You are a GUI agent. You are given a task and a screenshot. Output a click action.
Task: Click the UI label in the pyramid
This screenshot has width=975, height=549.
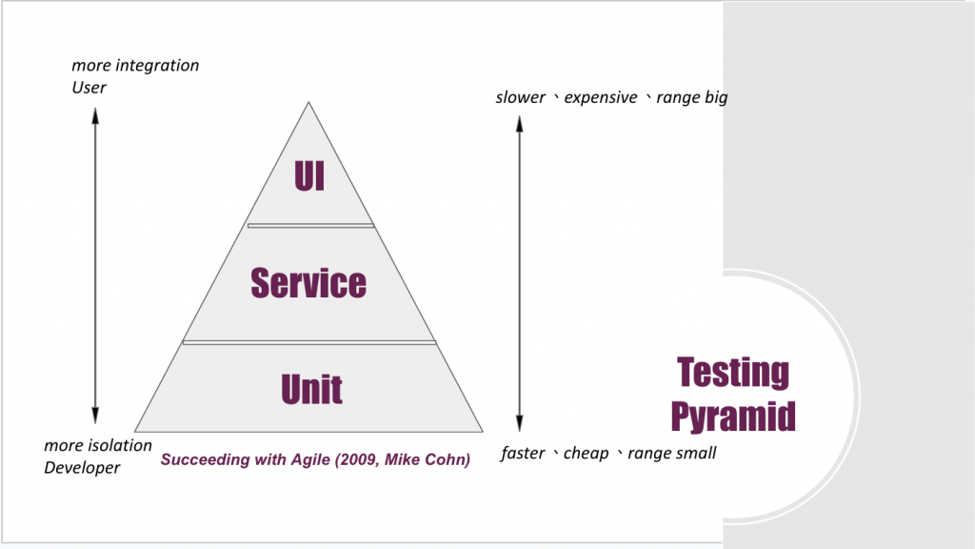click(309, 178)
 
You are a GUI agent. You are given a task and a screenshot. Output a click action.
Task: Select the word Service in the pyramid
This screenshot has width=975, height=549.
click(308, 283)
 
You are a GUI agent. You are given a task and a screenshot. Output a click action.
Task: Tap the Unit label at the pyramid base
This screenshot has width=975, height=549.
click(311, 390)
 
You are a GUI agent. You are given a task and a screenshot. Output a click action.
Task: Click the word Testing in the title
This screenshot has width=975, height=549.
click(733, 373)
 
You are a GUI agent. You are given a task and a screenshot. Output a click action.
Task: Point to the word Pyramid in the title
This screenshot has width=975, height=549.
click(733, 416)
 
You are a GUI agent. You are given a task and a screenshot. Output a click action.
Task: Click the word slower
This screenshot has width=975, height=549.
click(521, 97)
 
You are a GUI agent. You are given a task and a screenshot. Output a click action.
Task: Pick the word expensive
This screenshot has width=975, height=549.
click(601, 97)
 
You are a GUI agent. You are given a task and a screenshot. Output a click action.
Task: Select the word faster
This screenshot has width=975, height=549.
click(524, 454)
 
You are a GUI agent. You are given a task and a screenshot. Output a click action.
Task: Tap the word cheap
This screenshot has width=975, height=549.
click(586, 454)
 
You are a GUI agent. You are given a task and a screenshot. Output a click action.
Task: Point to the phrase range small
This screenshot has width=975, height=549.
click(672, 454)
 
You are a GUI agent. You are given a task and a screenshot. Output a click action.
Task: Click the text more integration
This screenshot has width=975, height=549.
click(135, 66)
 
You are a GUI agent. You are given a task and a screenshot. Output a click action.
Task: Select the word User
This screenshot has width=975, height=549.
click(90, 88)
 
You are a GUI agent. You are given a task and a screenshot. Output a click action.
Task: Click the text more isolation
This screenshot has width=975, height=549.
click(98, 445)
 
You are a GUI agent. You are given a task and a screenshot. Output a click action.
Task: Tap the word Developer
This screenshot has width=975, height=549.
click(83, 467)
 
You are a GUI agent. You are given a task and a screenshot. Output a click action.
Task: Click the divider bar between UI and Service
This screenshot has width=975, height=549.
click(310, 226)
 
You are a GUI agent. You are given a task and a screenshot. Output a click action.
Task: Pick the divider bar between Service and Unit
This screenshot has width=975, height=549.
click(309, 341)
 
